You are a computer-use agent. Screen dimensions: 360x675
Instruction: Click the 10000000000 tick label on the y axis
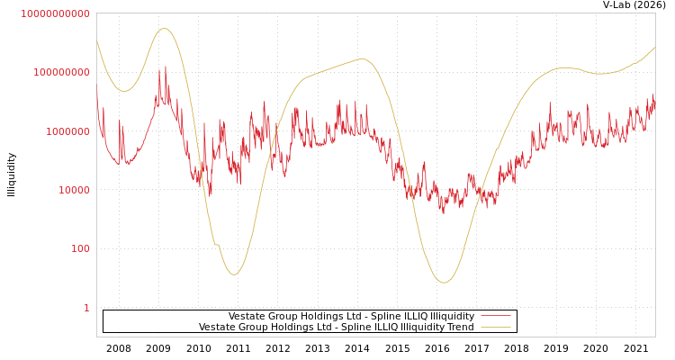coord(55,13)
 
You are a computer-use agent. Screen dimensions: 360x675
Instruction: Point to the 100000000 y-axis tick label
coord(61,72)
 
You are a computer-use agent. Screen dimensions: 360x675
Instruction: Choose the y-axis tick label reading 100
coord(79,248)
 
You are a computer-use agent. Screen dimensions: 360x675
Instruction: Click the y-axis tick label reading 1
coord(86,308)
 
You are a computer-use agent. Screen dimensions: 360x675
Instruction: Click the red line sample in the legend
coord(495,316)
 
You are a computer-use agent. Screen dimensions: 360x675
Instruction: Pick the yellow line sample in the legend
coord(495,327)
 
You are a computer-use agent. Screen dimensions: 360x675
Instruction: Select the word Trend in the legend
coord(458,327)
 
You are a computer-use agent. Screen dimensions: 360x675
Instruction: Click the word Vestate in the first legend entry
coord(247,316)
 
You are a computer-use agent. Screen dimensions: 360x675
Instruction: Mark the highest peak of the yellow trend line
coord(164,29)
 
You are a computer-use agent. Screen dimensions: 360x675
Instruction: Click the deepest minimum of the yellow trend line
coord(444,283)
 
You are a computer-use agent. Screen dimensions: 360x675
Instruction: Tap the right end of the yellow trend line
coord(654,47)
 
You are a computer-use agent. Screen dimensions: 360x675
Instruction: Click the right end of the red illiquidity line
coord(654,99)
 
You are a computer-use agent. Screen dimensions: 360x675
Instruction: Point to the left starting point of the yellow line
coord(97,40)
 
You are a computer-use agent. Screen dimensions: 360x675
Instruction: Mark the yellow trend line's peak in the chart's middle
coord(363,59)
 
